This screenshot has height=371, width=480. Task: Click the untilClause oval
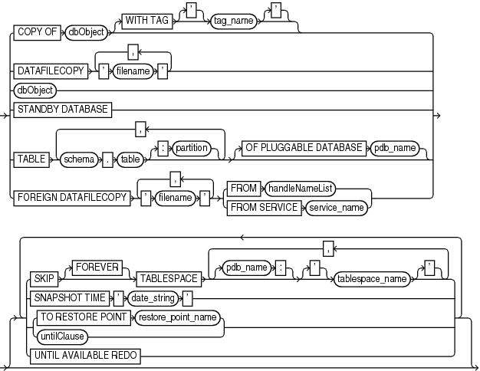(61, 334)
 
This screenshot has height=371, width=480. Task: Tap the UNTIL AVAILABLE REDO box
(84, 353)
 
